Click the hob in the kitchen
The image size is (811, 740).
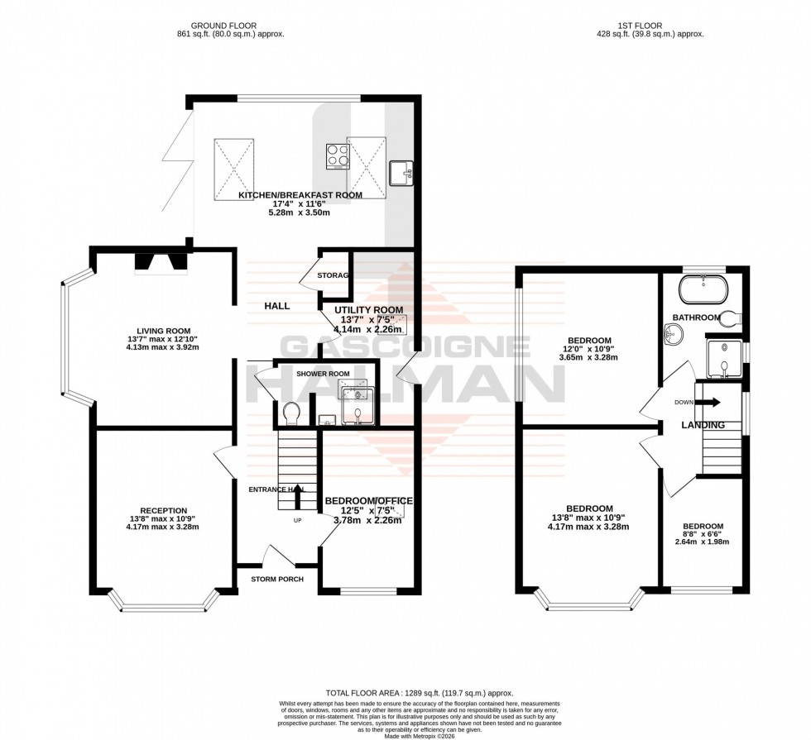[337, 155]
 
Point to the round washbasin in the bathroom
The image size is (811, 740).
[675, 335]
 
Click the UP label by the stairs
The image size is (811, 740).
[297, 521]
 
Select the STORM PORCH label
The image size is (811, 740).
[277, 579]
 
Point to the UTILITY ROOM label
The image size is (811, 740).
[368, 310]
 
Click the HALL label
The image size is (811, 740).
[276, 306]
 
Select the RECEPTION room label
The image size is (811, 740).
[163, 510]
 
